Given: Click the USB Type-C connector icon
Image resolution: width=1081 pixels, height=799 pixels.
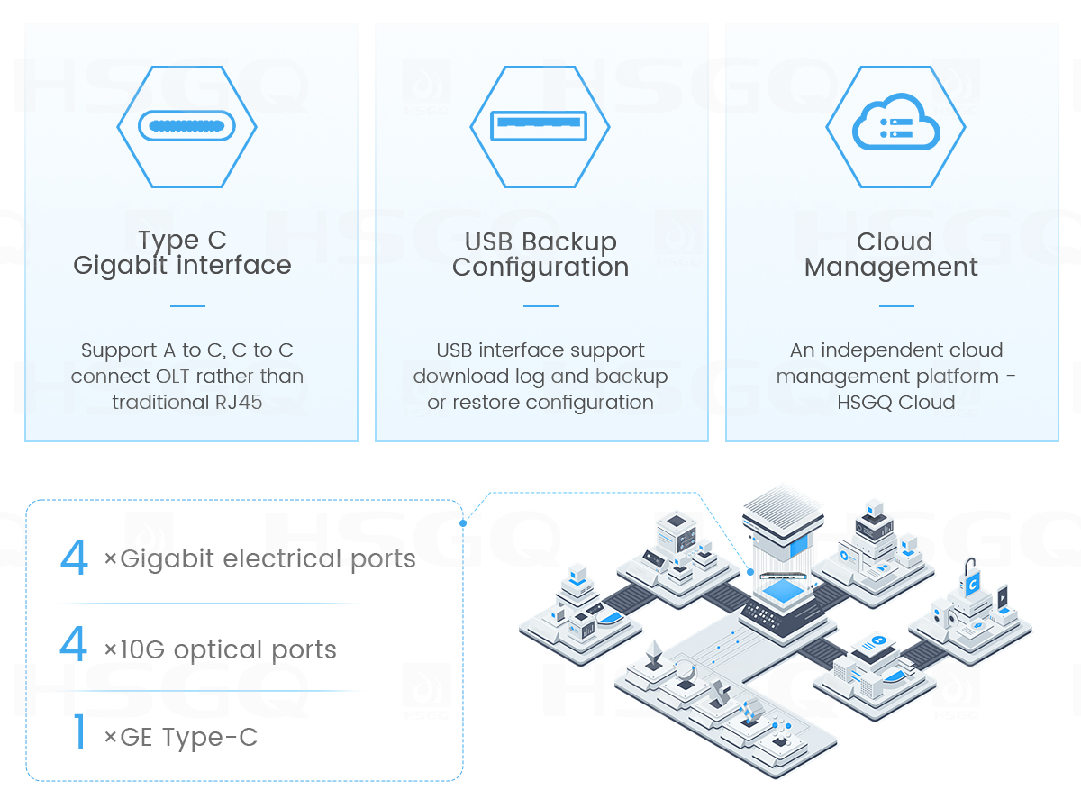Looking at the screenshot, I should [186, 125].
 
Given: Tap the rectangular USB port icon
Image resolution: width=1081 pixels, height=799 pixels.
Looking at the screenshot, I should [539, 125].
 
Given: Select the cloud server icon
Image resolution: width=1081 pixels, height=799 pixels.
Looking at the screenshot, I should [895, 125].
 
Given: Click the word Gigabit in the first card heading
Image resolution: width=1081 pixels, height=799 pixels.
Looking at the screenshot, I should [122, 266].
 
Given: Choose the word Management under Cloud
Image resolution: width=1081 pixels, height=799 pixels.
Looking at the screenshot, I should [891, 268].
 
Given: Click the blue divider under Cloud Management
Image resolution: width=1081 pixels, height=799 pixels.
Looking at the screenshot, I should [896, 306].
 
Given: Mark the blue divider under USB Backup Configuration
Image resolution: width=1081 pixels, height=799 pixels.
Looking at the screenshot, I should [540, 306].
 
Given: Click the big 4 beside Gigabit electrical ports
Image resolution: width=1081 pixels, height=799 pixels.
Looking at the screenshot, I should [74, 558].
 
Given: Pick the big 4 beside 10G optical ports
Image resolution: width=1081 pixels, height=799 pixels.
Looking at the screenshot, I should [74, 645].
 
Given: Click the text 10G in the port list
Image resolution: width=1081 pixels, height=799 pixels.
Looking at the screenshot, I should [143, 649].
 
